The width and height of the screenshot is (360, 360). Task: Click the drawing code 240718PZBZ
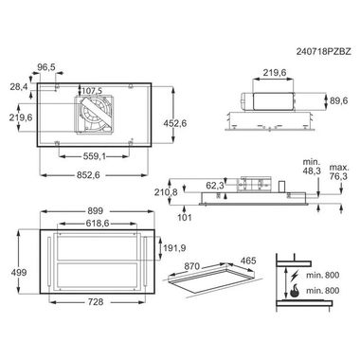tap(324, 52)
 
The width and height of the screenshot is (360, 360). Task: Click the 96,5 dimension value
tap(46, 67)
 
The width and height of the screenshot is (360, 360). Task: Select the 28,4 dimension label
tap(19, 86)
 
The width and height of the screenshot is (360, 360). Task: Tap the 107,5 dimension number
tap(92, 91)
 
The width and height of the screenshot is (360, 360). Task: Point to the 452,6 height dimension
tap(175, 123)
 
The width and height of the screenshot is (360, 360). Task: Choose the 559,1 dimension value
tap(94, 156)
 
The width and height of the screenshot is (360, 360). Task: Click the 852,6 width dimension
tap(88, 175)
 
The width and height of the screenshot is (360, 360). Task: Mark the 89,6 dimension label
tap(338, 100)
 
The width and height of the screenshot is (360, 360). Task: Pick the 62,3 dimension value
tap(215, 186)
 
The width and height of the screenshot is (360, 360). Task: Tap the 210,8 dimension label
tap(166, 192)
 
